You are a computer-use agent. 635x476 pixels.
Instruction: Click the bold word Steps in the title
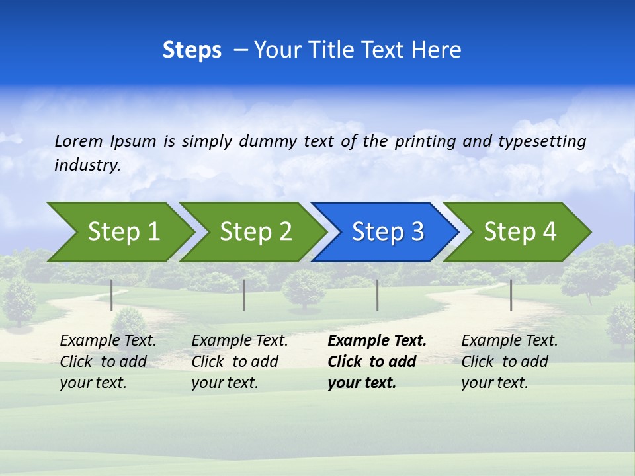click(x=192, y=50)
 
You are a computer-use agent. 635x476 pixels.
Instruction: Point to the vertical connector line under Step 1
click(x=112, y=295)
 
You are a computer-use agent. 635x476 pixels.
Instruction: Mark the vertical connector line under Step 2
click(x=244, y=295)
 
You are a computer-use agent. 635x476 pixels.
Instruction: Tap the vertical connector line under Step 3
click(x=378, y=295)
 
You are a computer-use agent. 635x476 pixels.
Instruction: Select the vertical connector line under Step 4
click(x=511, y=295)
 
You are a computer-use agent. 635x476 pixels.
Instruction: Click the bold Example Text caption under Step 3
click(x=377, y=362)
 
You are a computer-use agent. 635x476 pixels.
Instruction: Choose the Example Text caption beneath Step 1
click(x=108, y=362)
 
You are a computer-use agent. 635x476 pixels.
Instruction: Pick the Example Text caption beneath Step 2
click(x=239, y=362)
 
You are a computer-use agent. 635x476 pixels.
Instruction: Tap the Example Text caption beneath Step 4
click(x=509, y=362)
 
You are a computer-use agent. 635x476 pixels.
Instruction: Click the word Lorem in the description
click(x=79, y=141)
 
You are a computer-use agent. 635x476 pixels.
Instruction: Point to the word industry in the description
click(x=87, y=165)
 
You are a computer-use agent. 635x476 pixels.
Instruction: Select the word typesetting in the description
click(x=542, y=141)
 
